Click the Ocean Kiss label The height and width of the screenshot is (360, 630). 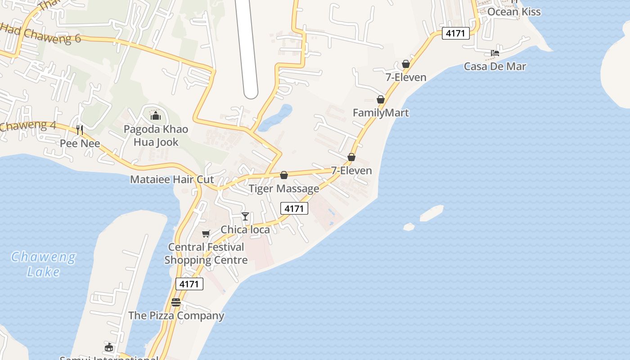click(x=514, y=12)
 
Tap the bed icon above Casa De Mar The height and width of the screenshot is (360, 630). click(x=495, y=53)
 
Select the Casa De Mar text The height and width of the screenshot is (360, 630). click(x=495, y=67)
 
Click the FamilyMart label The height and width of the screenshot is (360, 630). click(x=381, y=112)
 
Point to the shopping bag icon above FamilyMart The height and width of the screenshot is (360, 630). click(x=381, y=99)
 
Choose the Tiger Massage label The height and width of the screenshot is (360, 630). click(x=284, y=189)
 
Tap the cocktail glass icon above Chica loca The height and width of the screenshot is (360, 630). click(x=245, y=216)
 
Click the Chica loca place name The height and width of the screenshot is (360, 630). click(x=245, y=229)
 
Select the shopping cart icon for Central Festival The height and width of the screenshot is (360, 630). click(x=206, y=234)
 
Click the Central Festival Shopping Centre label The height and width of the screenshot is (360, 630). click(x=206, y=253)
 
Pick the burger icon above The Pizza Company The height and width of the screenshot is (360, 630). click(x=176, y=302)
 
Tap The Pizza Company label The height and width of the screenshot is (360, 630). click(x=176, y=315)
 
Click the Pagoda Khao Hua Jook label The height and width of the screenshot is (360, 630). click(x=156, y=135)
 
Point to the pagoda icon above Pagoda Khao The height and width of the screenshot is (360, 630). click(x=156, y=116)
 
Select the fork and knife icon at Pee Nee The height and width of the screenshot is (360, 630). click(x=80, y=130)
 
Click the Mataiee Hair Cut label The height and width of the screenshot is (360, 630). click(x=172, y=180)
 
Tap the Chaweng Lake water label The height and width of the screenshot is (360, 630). click(x=43, y=264)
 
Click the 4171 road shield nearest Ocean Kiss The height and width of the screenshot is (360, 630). click(x=455, y=33)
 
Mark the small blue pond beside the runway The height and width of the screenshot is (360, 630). click(x=275, y=117)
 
